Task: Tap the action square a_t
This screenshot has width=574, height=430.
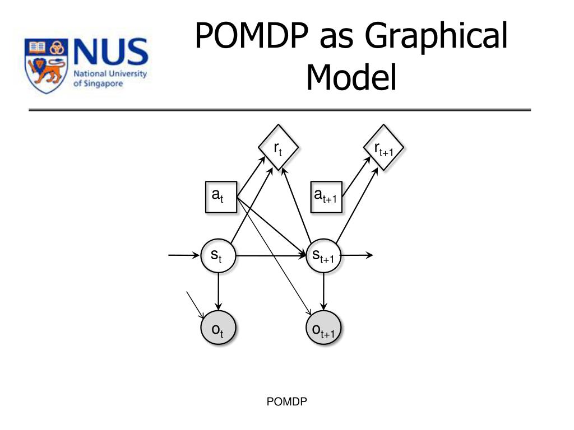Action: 220,197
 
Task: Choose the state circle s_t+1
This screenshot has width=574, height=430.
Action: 324,256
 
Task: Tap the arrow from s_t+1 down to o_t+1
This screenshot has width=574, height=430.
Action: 324,292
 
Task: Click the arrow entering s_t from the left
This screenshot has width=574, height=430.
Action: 184,256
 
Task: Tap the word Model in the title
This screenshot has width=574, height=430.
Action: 351,77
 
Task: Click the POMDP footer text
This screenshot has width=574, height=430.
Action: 288,401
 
